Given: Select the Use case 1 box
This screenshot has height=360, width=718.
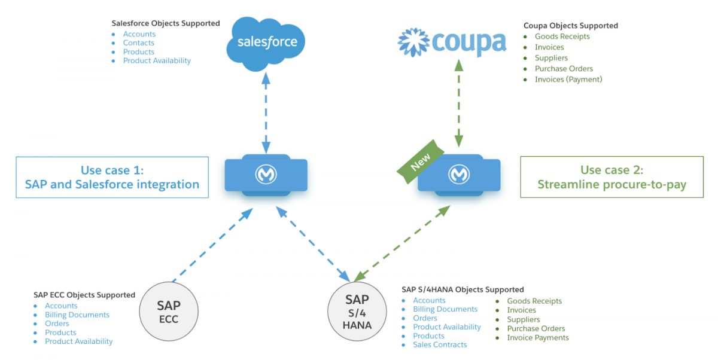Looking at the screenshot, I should click(112, 177).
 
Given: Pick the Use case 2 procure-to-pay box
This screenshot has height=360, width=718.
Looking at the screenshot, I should click(611, 177).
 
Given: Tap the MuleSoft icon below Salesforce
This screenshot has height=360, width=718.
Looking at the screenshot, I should click(266, 175).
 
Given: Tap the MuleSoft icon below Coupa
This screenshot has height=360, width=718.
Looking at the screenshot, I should click(458, 175).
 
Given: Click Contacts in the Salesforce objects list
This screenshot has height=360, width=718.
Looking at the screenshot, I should click(138, 43).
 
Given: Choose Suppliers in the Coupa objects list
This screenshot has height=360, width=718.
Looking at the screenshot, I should click(551, 58).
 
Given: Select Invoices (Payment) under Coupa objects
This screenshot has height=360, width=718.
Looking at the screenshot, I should click(568, 80).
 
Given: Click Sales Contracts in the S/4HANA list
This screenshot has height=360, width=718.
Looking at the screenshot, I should click(440, 344).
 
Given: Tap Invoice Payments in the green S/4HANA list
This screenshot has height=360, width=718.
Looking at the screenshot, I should click(537, 338).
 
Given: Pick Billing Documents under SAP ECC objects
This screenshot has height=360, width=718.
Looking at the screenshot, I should click(77, 315).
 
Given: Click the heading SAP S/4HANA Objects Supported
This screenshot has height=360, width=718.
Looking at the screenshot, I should click(463, 289).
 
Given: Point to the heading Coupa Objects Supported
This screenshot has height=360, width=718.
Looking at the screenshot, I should click(570, 26).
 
